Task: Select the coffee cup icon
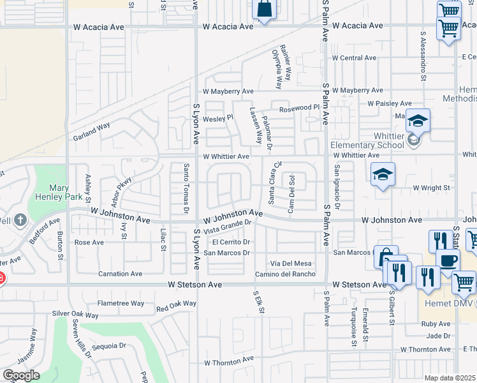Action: click(448, 261)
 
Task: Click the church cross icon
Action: click(20, 221)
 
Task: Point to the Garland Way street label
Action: click(91, 132)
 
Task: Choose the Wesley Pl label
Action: click(218, 118)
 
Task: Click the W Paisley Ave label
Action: click(390, 103)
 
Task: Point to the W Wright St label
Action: click(432, 188)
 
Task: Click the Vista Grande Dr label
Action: click(229, 226)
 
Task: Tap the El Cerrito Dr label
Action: click(230, 242)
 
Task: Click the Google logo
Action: click(21, 375)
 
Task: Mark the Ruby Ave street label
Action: click(436, 324)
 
